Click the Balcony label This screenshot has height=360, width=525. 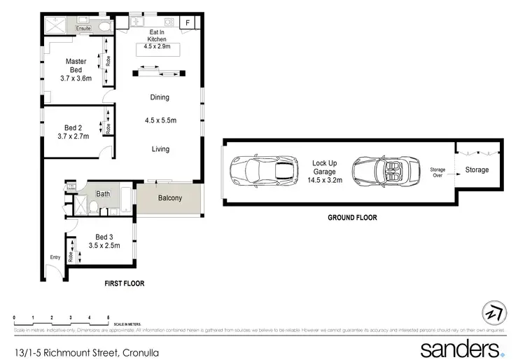(x=169, y=198)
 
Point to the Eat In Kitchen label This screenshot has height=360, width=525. (x=156, y=35)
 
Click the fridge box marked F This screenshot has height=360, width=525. (x=188, y=23)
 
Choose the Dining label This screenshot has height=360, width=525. (x=160, y=97)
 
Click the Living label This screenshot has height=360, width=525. (x=160, y=148)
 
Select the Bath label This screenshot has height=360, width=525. (x=103, y=193)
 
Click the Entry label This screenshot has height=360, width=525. (x=55, y=257)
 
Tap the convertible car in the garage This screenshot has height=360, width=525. (x=385, y=170)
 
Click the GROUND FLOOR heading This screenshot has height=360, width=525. (x=352, y=218)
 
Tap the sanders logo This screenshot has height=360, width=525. (x=462, y=348)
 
